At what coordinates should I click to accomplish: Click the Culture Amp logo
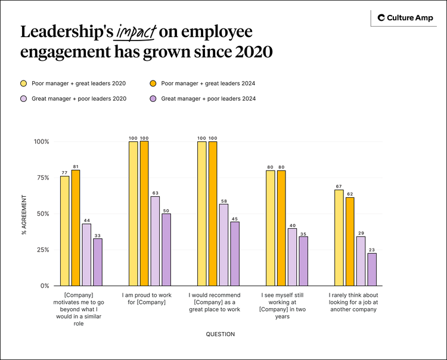(x=406, y=18)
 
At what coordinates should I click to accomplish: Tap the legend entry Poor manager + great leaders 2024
(x=202, y=83)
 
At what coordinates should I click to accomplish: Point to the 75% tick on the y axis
(x=41, y=178)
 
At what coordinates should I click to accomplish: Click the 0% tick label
(x=44, y=285)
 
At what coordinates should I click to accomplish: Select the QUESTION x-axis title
(x=220, y=334)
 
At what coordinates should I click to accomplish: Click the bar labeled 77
(x=64, y=231)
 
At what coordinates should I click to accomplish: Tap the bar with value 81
(x=76, y=228)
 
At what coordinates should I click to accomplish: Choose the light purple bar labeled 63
(x=155, y=241)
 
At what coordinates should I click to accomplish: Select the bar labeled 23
(x=372, y=269)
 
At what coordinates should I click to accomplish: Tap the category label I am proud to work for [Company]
(x=146, y=299)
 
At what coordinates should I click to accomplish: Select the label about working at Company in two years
(x=283, y=305)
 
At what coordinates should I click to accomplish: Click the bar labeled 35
(x=303, y=261)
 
